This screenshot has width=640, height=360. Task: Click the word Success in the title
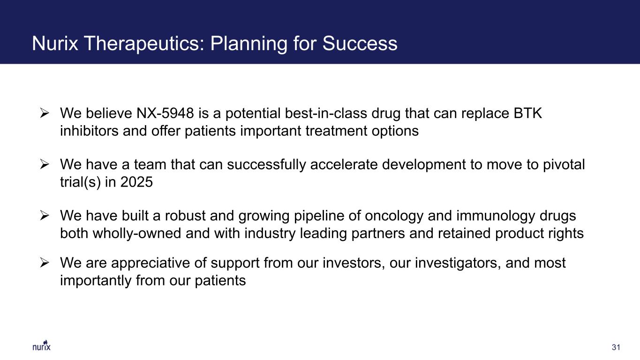tap(360, 44)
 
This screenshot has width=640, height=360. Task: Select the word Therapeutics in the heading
tap(144, 44)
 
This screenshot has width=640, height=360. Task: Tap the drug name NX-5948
tap(165, 113)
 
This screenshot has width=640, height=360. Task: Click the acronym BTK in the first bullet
tap(528, 113)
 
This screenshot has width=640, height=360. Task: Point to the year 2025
tap(136, 182)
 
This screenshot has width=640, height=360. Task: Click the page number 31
tap(616, 347)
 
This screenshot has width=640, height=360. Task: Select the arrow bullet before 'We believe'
tap(45, 113)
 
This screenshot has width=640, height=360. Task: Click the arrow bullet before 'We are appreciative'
tap(45, 262)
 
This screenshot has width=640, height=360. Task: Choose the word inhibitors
tap(90, 131)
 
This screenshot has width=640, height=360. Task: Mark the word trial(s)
tap(81, 182)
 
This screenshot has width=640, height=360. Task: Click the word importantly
tap(96, 281)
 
